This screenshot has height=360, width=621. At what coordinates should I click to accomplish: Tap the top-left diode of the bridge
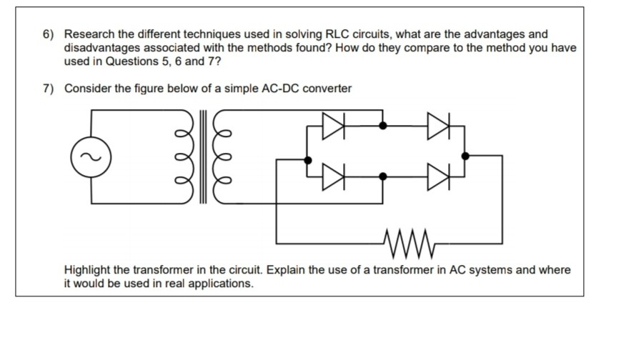pyautogui.click(x=334, y=126)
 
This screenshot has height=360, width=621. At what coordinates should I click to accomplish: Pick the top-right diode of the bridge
pyautogui.click(x=439, y=126)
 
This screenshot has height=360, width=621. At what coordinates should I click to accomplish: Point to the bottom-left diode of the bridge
pyautogui.click(x=334, y=176)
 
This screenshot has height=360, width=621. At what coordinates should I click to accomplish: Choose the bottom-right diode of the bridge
pyautogui.click(x=439, y=176)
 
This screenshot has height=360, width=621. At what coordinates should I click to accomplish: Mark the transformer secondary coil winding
pyautogui.click(x=222, y=157)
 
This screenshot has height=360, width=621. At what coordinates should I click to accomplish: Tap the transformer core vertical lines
pyautogui.click(x=203, y=157)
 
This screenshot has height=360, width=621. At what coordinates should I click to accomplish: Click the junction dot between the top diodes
pyautogui.click(x=383, y=126)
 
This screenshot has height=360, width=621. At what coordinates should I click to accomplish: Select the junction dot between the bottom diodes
pyautogui.click(x=383, y=176)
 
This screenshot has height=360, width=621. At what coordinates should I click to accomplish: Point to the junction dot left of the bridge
pyautogui.click(x=308, y=160)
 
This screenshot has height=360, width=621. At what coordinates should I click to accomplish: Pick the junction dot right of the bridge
pyautogui.click(x=465, y=156)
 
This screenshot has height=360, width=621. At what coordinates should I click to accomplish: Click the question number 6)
pyautogui.click(x=49, y=34)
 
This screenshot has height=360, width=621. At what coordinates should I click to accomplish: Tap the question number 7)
pyautogui.click(x=49, y=89)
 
